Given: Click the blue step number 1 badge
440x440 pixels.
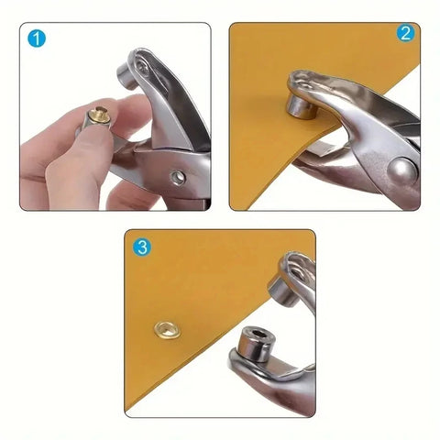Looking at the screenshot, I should [x=37, y=40].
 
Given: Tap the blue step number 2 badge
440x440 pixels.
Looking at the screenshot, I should [x=404, y=35].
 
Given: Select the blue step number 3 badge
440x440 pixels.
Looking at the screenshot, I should [x=141, y=247].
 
